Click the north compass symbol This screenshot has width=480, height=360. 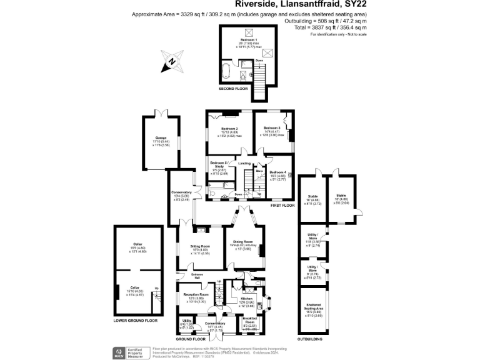[x=170, y=62]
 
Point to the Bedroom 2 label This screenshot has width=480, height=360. [x=228, y=128]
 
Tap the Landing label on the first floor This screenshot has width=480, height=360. [x=244, y=164]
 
